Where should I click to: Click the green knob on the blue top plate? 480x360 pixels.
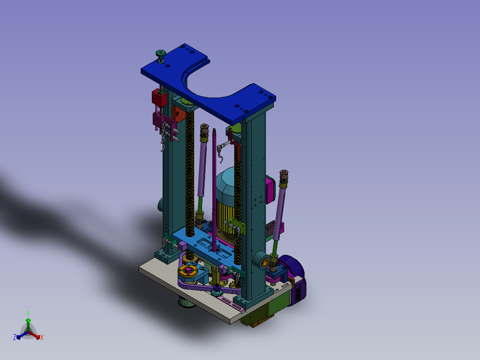(161, 54)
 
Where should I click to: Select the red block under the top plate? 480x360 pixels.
(159, 98)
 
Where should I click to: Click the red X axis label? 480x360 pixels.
(42, 337)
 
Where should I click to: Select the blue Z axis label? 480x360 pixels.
(14, 337)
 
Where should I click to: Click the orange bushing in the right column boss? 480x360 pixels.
(265, 262)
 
